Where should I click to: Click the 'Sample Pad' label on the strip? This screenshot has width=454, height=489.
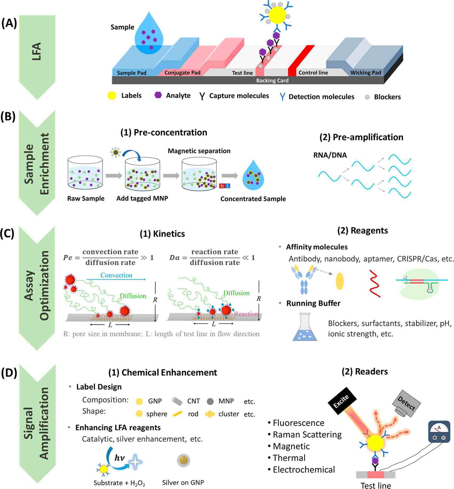(x=132, y=73)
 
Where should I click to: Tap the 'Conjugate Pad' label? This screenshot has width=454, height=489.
(x=182, y=73)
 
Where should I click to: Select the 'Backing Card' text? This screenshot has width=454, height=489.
(x=272, y=80)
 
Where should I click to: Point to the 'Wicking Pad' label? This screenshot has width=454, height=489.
(x=365, y=73)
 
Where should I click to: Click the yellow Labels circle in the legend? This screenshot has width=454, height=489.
(x=112, y=96)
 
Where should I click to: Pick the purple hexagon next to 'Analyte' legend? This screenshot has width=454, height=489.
(x=158, y=95)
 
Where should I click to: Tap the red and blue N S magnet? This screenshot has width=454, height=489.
(x=224, y=186)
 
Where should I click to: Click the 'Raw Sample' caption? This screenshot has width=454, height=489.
(x=86, y=199)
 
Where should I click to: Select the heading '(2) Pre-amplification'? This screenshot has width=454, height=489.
(x=361, y=137)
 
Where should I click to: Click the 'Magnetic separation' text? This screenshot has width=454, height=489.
(x=199, y=151)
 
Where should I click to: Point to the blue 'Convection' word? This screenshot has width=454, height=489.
(x=116, y=275)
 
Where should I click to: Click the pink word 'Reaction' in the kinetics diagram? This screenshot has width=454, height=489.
(x=246, y=314)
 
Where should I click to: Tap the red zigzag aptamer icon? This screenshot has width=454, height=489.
(x=375, y=283)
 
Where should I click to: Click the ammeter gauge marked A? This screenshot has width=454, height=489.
(x=439, y=432)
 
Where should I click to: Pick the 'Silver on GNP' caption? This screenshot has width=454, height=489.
(x=183, y=482)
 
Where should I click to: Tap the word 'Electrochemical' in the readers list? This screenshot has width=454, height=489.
(x=304, y=470)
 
